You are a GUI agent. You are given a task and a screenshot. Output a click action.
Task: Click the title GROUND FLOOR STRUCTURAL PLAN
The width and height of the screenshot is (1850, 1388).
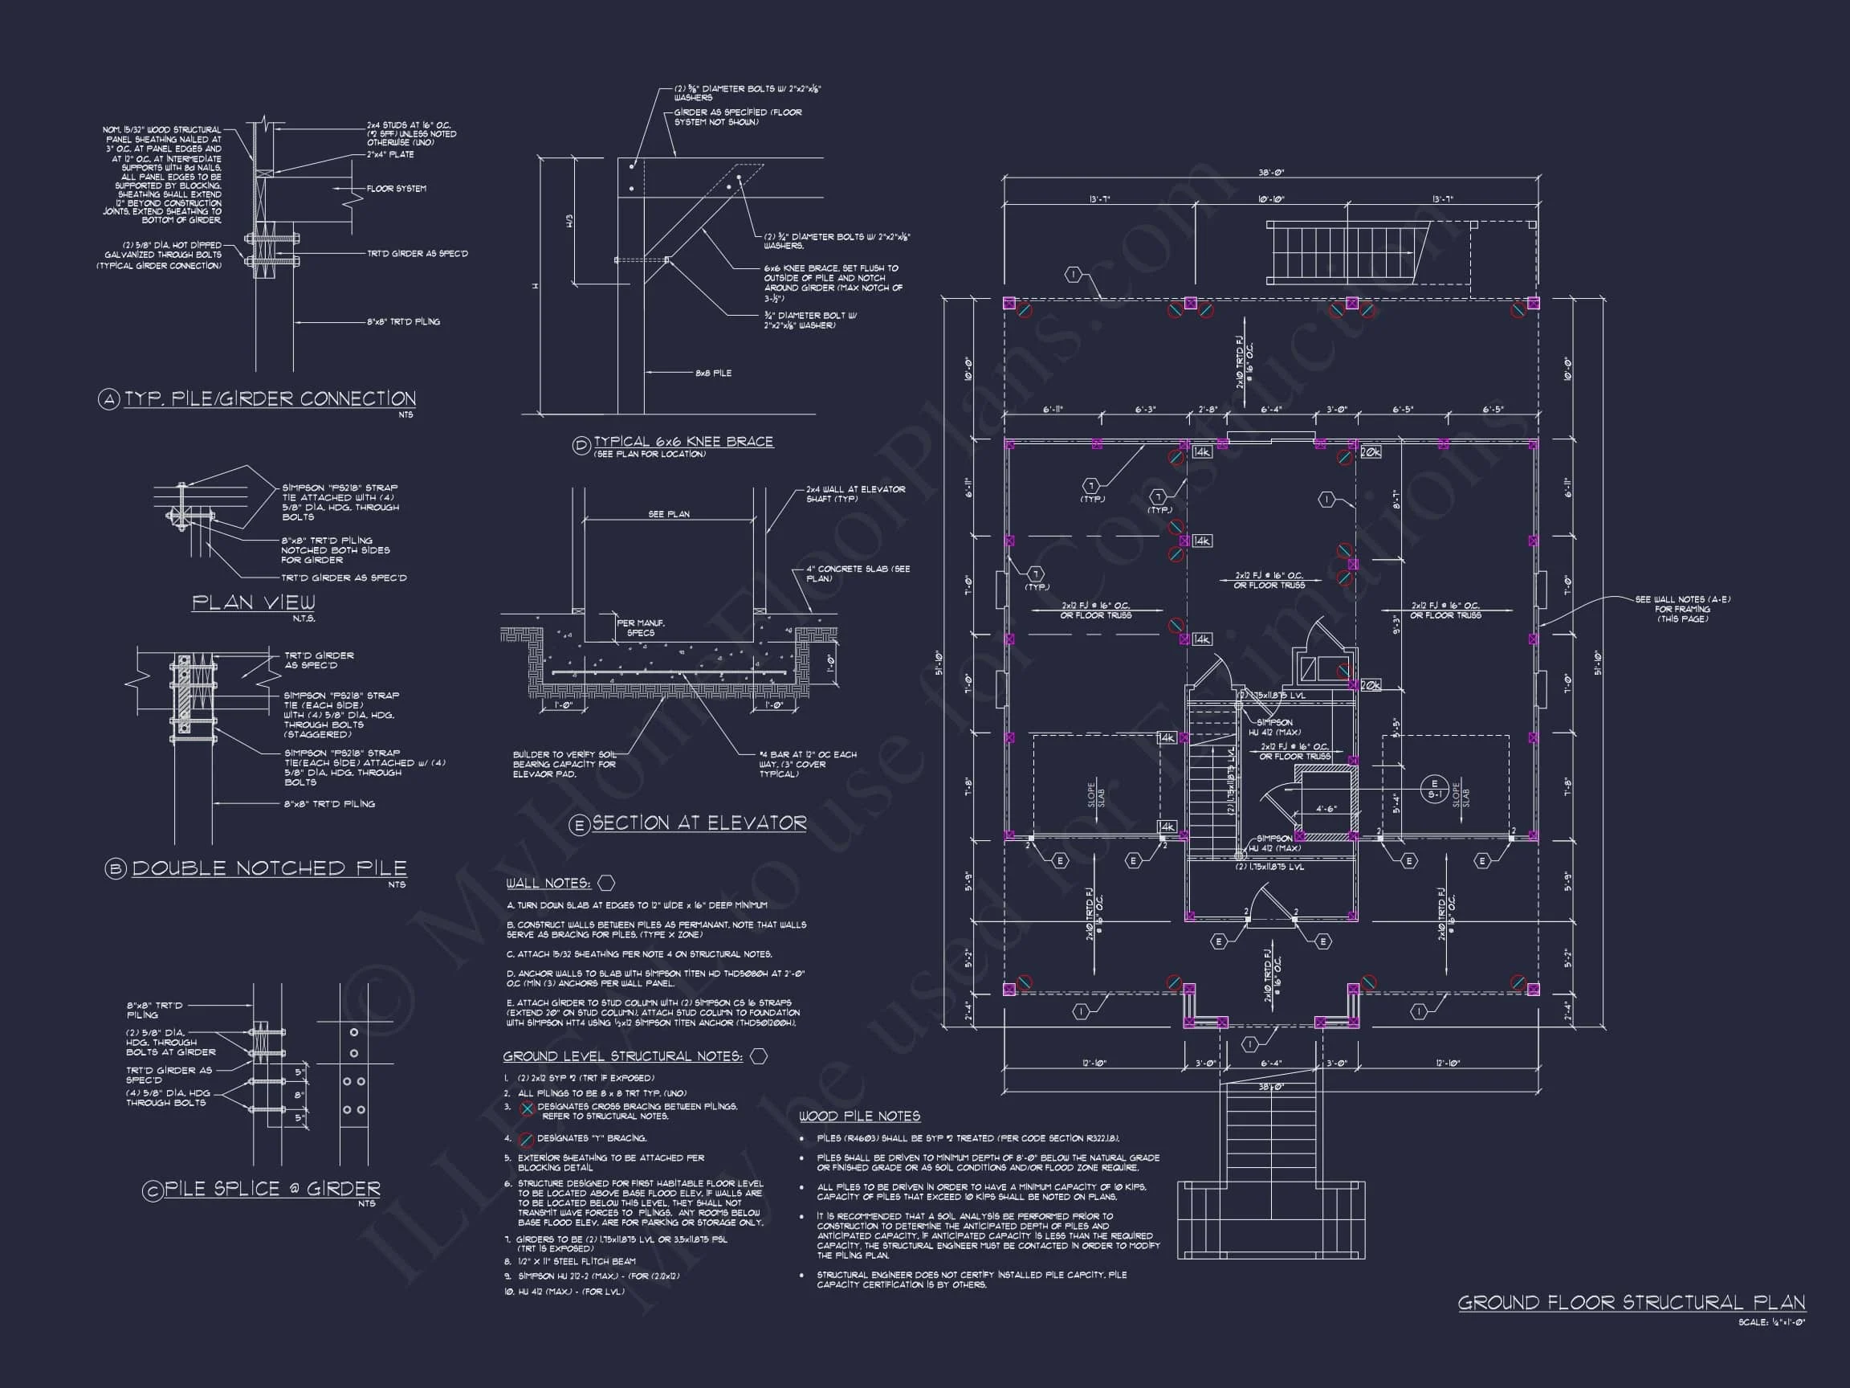tap(1631, 1303)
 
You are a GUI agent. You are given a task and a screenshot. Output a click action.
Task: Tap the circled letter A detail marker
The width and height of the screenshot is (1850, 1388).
tap(109, 400)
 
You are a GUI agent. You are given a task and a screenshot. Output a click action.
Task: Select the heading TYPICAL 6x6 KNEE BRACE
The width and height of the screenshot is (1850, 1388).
tap(683, 442)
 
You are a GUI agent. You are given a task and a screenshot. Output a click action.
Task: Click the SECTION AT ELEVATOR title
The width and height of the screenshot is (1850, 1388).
tap(699, 823)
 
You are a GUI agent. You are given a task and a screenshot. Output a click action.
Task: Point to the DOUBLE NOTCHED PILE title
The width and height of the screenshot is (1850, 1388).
tap(268, 868)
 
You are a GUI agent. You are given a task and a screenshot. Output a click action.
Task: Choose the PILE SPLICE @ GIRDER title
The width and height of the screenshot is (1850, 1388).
tap(272, 1189)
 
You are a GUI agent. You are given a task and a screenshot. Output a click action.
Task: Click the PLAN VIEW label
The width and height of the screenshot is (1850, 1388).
tap(254, 602)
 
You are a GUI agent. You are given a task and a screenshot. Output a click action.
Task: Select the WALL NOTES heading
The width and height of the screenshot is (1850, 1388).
tap(548, 884)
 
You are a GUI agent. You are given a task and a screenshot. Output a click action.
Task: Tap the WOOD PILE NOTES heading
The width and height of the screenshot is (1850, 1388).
tap(859, 1116)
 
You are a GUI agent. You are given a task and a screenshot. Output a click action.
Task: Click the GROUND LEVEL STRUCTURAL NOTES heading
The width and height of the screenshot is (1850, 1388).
tap(622, 1057)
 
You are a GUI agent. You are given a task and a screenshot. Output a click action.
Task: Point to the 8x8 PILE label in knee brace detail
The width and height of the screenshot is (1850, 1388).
tap(712, 374)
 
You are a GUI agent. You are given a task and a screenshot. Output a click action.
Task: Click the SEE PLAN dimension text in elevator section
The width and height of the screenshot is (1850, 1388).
tap(669, 515)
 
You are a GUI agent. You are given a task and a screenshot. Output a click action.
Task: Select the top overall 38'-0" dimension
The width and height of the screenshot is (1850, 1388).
tap(1270, 173)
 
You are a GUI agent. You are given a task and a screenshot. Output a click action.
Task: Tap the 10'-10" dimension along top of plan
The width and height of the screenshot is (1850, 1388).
tap(1270, 199)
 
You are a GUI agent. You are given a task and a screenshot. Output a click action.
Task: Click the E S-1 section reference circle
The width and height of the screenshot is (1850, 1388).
tap(1434, 789)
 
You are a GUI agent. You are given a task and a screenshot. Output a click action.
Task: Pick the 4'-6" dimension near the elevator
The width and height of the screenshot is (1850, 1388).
tap(1326, 809)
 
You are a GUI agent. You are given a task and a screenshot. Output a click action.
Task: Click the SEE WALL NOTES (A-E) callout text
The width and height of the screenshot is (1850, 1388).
tap(1683, 609)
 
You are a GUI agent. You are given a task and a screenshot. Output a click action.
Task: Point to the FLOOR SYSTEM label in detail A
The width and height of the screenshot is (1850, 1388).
tap(397, 189)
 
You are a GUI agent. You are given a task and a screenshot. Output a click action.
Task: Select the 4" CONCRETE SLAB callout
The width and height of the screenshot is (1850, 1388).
tap(858, 573)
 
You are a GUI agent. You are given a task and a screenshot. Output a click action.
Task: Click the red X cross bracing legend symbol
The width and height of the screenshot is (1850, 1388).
tap(527, 1108)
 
